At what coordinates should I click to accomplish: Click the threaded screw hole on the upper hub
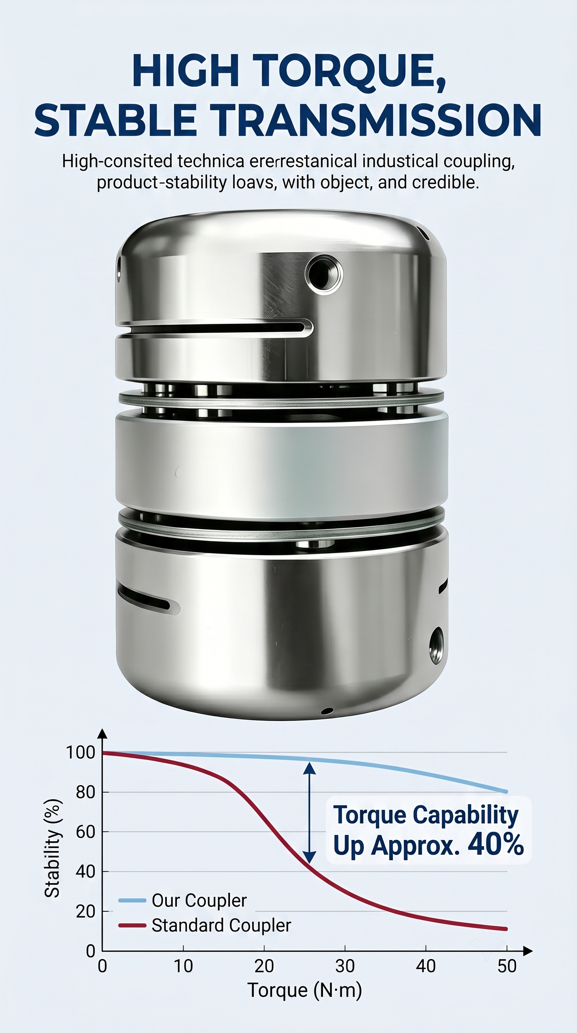[x=324, y=275]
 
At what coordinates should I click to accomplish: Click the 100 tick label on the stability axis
[x=81, y=752]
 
